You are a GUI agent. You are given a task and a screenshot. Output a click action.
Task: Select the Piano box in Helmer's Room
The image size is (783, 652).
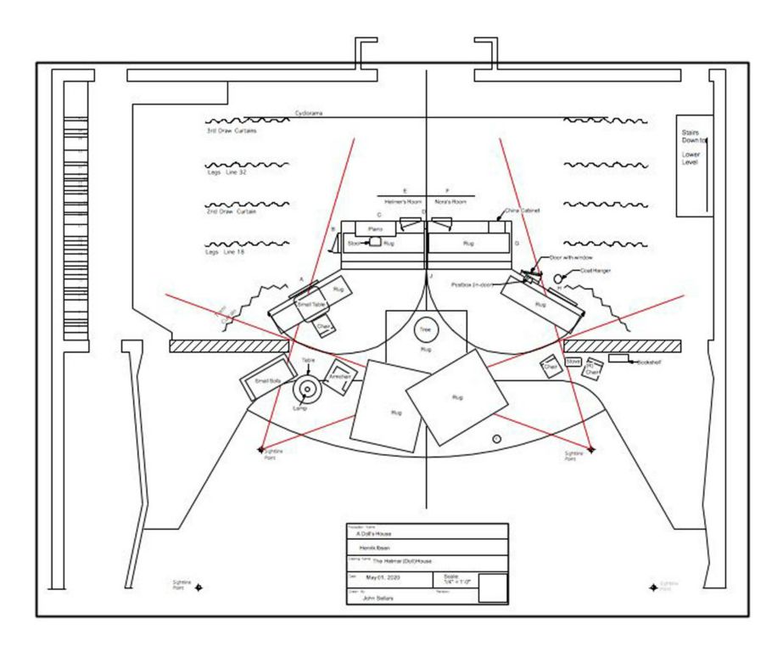click(x=375, y=229)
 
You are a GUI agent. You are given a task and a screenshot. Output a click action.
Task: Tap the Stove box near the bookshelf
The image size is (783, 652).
click(x=573, y=363)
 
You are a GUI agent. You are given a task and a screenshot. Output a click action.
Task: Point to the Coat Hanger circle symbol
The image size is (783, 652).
click(x=558, y=278)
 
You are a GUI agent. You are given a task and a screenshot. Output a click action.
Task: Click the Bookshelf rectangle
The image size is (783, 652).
click(x=619, y=359)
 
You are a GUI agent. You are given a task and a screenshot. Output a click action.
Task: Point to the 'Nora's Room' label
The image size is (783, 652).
click(x=447, y=201)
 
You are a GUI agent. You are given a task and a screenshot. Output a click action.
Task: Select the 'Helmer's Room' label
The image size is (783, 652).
click(x=404, y=201)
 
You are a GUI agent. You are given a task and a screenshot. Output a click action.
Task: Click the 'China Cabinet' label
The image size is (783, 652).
click(x=523, y=209)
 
